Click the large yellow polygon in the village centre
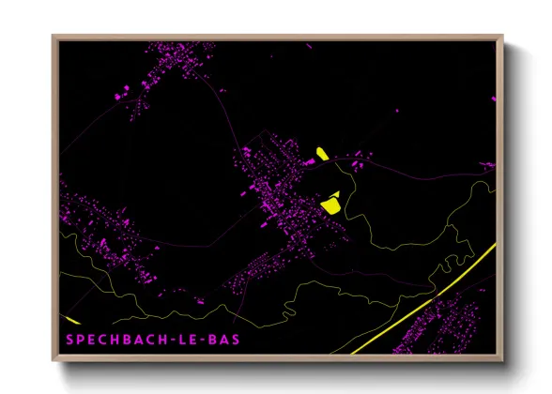(331, 200)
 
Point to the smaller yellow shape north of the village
(321, 153)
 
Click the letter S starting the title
(70, 338)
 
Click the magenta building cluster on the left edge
(94, 225)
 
